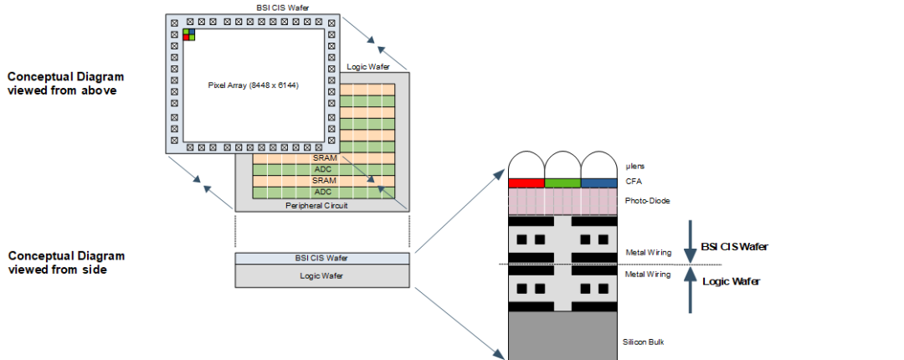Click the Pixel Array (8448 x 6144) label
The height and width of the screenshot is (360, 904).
pyautogui.click(x=253, y=85)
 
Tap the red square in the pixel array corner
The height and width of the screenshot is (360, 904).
pyautogui.click(x=186, y=37)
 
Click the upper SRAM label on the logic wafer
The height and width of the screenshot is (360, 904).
pyautogui.click(x=323, y=157)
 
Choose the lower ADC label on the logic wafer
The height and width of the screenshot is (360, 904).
pyautogui.click(x=323, y=192)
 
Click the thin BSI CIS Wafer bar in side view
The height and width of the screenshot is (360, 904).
pyautogui.click(x=322, y=258)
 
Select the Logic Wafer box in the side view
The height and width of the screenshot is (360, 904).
pyautogui.click(x=322, y=275)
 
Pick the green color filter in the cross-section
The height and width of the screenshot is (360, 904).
pyautogui.click(x=562, y=183)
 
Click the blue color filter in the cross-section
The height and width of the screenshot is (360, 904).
pyautogui.click(x=598, y=183)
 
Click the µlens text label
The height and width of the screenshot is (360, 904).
pyautogui.click(x=636, y=167)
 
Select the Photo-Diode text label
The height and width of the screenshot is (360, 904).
pyautogui.click(x=646, y=202)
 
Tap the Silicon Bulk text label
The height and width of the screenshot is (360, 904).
pyautogui.click(x=644, y=342)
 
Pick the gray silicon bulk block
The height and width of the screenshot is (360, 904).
pyautogui.click(x=562, y=335)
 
